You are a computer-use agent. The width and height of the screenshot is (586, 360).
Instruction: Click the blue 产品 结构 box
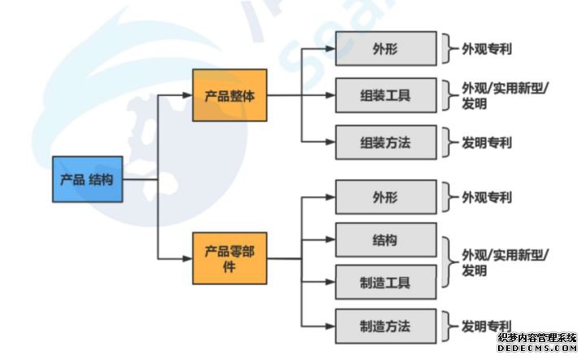pos(87,179)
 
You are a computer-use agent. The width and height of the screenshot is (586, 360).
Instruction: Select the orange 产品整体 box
pos(230,95)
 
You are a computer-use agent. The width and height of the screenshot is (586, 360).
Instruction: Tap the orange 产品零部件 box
pos(230,258)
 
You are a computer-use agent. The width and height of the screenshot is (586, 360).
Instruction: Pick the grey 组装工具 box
pos(385,95)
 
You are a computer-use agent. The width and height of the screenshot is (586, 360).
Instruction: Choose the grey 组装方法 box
pos(385,143)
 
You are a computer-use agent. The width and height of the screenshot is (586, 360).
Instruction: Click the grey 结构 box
pos(385,239)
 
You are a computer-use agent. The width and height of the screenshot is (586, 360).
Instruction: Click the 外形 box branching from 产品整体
pos(385,48)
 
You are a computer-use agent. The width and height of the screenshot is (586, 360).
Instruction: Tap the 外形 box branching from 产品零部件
pos(385,197)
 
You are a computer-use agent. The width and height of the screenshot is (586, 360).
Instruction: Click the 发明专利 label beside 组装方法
pos(487,143)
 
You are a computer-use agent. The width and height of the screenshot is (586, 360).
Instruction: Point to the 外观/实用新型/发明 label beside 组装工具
pos(505,96)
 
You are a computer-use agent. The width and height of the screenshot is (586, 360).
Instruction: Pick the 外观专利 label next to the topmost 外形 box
pos(487,48)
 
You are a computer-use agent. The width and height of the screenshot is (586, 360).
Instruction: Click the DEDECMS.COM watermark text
pos(537,349)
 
